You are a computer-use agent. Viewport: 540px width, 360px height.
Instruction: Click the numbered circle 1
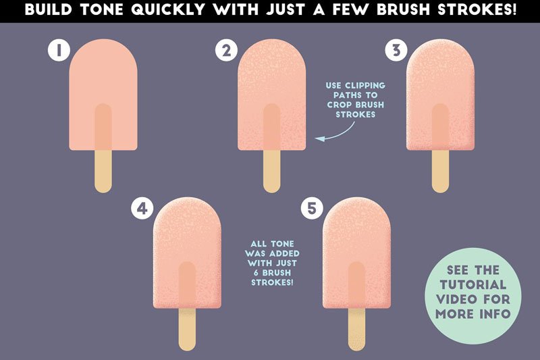pyautogui.click(x=59, y=50)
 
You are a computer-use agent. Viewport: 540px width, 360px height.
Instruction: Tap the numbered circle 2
pyautogui.click(x=226, y=50)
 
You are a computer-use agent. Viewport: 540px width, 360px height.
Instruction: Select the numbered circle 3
pyautogui.click(x=396, y=50)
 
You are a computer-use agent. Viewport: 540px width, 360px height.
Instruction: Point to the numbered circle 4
pyautogui.click(x=142, y=209)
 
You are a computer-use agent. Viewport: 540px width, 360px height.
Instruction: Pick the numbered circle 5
pyautogui.click(x=312, y=209)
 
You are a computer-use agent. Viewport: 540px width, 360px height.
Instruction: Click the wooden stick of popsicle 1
pyautogui.click(x=103, y=171)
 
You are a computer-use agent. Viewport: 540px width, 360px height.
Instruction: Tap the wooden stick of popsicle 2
pyautogui.click(x=272, y=171)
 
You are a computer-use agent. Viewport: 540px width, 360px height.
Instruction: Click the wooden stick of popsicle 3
pyautogui.click(x=441, y=171)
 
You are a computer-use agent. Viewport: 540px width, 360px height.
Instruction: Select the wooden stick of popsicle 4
pyautogui.click(x=188, y=330)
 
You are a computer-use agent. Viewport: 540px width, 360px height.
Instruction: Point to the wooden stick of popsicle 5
pyautogui.click(x=356, y=330)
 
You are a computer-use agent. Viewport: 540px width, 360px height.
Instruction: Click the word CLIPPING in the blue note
pyautogui.click(x=365, y=85)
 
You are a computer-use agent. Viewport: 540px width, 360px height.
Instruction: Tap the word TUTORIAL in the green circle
pyautogui.click(x=473, y=285)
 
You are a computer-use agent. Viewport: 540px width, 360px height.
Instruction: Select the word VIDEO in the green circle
pyautogui.click(x=457, y=299)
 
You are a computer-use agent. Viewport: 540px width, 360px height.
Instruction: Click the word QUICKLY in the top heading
pyautogui.click(x=168, y=9)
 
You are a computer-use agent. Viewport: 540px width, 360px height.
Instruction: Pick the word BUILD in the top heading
pyautogui.click(x=49, y=9)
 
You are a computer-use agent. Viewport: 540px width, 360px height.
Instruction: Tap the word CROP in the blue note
pyautogui.click(x=340, y=105)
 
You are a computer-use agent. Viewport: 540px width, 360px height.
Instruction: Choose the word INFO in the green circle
pyautogui.click(x=495, y=314)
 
